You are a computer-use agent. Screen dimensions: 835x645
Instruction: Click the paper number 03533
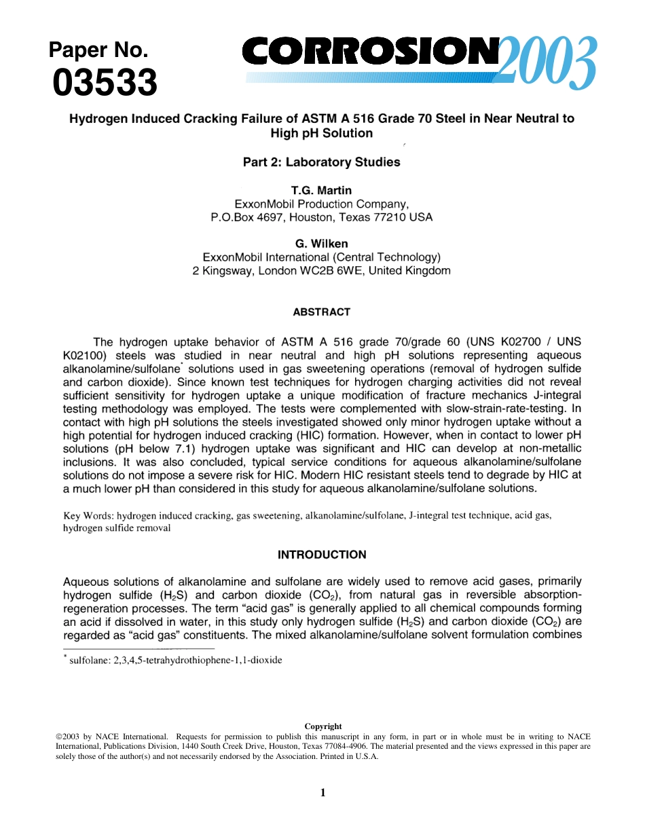[105, 83]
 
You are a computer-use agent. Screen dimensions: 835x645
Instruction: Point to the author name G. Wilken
[322, 244]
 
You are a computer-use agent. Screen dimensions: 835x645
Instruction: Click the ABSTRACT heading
[322, 312]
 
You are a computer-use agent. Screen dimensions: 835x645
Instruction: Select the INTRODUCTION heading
[322, 555]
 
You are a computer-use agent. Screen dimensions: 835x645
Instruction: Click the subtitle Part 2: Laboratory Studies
[322, 162]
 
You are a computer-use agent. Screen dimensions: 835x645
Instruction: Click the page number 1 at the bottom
[323, 792]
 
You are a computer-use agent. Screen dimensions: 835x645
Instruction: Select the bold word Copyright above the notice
[323, 726]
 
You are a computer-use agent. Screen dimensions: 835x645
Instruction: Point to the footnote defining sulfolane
[172, 660]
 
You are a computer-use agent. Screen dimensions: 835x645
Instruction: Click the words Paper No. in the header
[98, 51]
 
